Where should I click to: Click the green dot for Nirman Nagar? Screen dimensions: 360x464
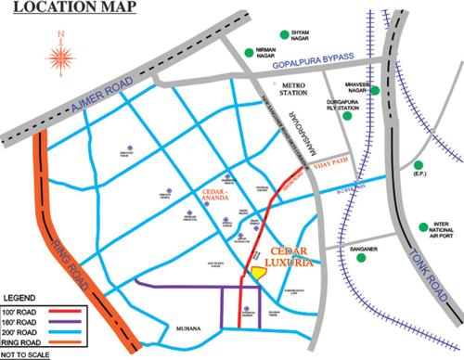tap(249, 53)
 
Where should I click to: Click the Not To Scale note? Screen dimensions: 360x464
tap(28, 354)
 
